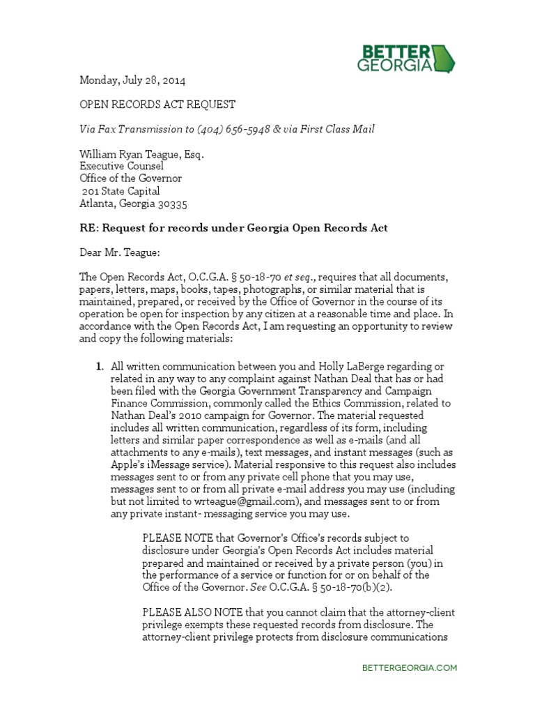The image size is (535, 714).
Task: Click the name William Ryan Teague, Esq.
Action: point(141,154)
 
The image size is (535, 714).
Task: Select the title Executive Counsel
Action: point(121,167)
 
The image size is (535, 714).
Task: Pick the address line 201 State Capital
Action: point(121,191)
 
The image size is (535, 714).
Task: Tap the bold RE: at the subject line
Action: point(87,228)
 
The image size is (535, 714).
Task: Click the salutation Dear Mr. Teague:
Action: point(120,253)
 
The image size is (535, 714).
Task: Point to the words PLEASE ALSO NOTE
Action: point(188,612)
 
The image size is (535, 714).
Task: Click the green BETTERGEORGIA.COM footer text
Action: point(410,667)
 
